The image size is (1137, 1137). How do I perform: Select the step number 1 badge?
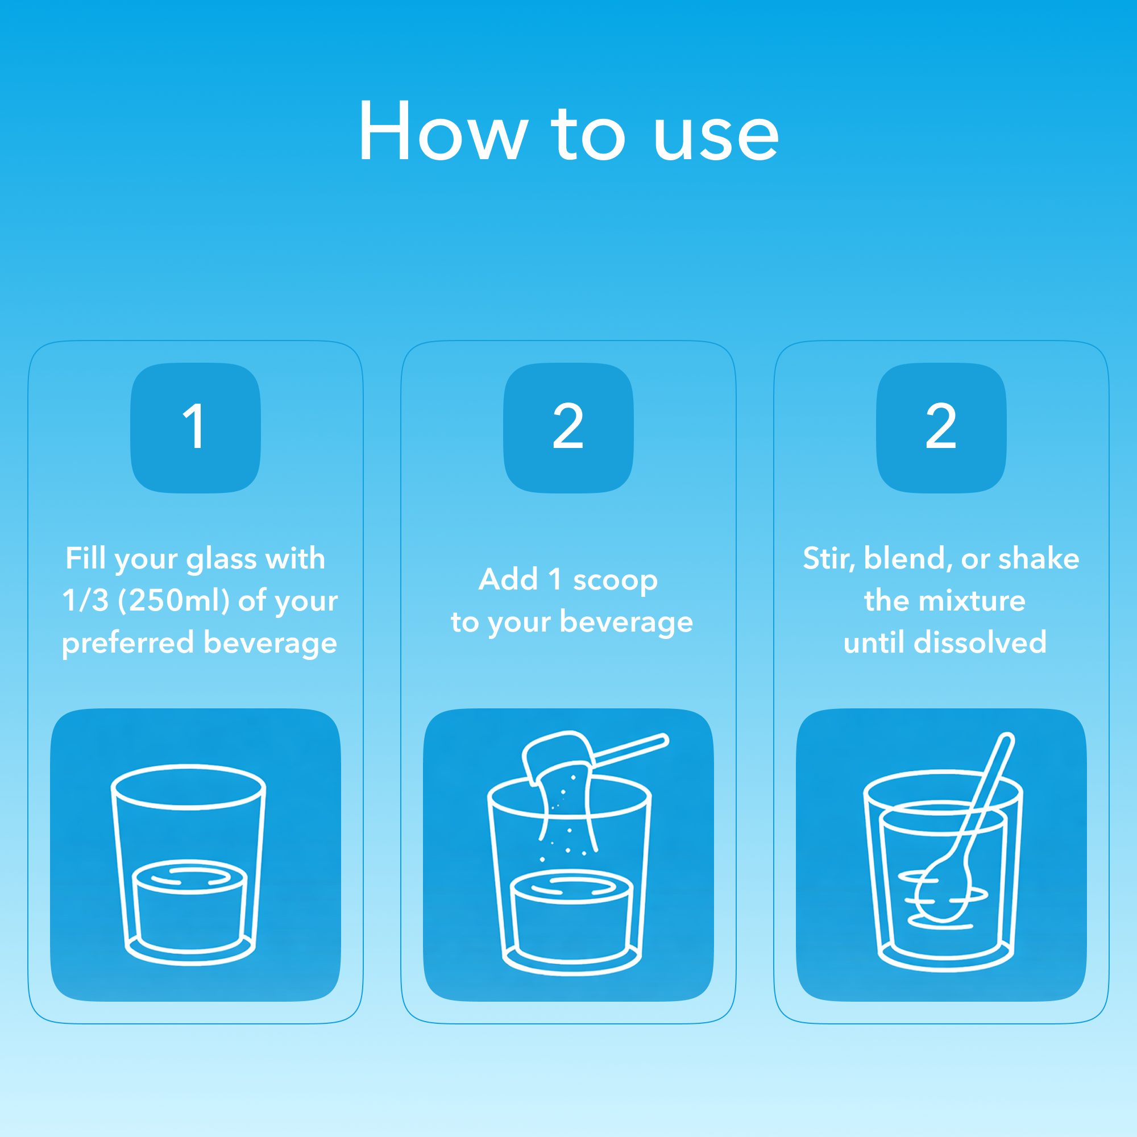click(196, 428)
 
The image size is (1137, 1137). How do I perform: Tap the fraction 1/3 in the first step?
click(85, 600)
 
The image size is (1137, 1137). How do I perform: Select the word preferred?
click(128, 642)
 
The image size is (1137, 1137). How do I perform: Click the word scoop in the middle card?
click(615, 580)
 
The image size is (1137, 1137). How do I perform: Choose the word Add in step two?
click(508, 579)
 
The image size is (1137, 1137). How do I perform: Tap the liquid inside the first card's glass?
click(189, 907)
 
